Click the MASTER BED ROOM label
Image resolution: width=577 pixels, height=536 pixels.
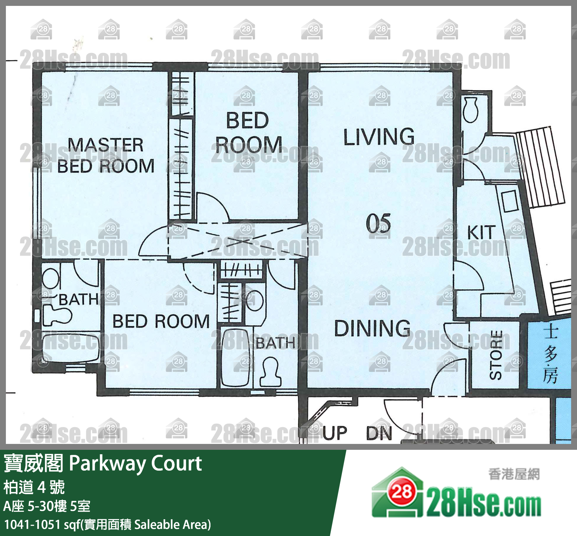[x=106, y=156]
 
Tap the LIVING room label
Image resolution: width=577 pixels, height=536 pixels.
[x=379, y=137]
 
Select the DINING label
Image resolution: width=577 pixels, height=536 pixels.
[x=372, y=328]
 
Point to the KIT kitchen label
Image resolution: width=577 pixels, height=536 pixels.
[x=481, y=232]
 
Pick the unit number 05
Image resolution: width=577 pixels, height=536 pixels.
[x=378, y=224]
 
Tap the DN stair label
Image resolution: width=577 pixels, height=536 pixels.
[x=379, y=433]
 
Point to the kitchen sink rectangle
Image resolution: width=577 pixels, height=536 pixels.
[x=510, y=201]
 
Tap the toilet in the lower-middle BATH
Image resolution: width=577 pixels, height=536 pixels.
[x=270, y=372]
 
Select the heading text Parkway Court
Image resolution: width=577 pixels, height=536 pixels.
[x=136, y=463]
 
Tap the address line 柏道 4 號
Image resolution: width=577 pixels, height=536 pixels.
[x=34, y=487]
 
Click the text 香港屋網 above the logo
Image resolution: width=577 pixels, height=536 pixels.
[x=514, y=474]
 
